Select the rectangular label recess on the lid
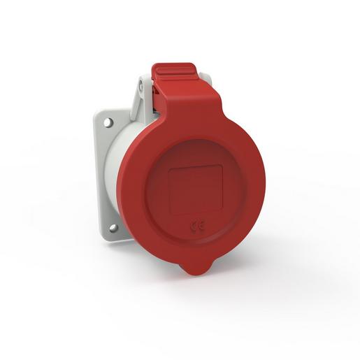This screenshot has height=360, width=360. [196, 189]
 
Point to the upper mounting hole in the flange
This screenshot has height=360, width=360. [108, 123]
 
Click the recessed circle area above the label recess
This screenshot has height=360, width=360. [196, 150]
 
